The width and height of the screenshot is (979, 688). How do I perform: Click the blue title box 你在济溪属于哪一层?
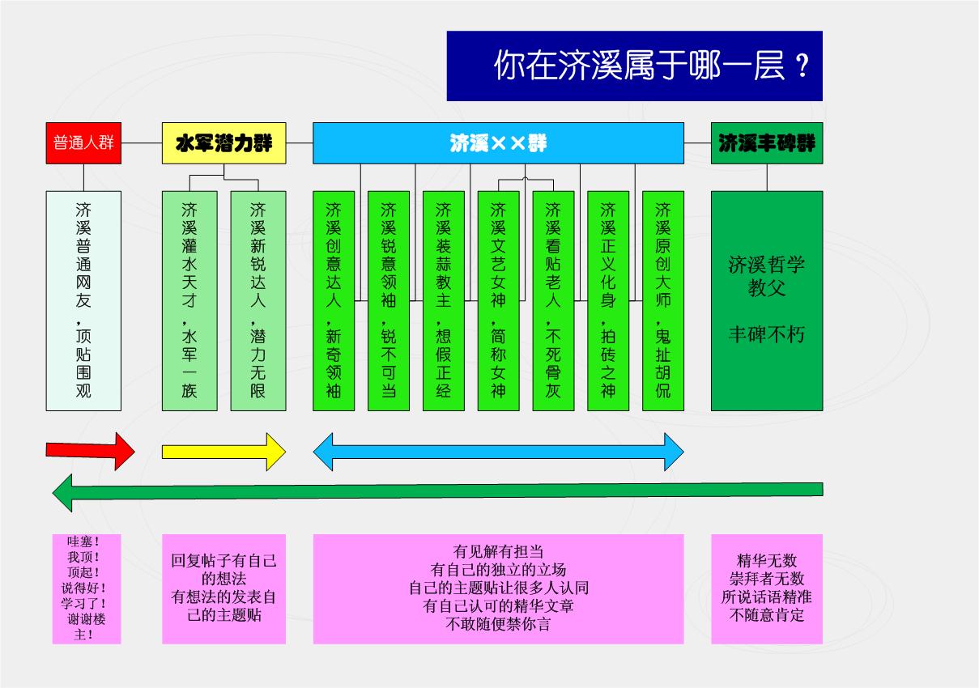tap(634, 66)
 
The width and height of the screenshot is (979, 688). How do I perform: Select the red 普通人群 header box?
tap(83, 143)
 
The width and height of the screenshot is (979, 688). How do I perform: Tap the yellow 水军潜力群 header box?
tap(224, 143)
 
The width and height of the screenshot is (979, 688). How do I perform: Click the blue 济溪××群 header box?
tap(498, 143)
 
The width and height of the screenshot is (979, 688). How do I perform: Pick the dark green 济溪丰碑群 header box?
tap(767, 143)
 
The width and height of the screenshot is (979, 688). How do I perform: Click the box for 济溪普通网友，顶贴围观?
tap(83, 300)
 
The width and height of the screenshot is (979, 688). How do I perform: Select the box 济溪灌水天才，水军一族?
tap(189, 300)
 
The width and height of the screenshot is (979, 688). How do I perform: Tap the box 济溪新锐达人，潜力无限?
tap(258, 300)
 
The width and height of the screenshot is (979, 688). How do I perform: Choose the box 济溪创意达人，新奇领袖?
tap(334, 300)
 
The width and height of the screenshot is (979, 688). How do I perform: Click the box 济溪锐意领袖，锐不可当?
tap(389, 300)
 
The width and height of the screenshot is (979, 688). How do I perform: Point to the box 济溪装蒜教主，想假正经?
tap(444, 300)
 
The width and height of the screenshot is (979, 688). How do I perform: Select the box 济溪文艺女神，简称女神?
tap(498, 300)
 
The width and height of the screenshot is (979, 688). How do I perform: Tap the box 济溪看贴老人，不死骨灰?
tap(553, 300)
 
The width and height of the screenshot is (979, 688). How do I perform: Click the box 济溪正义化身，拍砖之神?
tap(608, 300)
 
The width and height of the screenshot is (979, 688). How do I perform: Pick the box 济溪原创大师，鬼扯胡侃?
tap(663, 300)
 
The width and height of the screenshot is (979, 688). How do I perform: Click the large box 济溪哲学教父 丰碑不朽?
tap(767, 300)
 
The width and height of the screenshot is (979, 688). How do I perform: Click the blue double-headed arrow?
tap(498, 451)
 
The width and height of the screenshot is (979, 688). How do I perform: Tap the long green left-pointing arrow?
tap(437, 491)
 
